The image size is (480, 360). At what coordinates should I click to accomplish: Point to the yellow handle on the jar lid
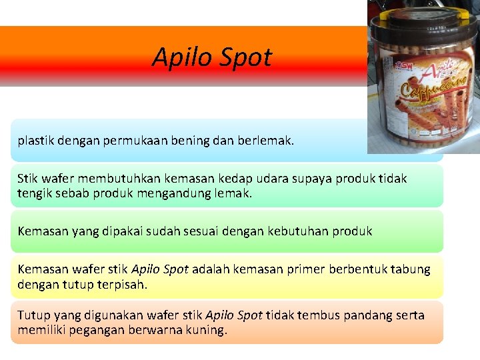tap(427, 9)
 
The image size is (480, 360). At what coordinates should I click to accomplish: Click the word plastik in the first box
tap(35, 141)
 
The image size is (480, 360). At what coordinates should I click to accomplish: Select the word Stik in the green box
tap(28, 179)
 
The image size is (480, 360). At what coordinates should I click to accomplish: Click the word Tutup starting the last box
tap(33, 315)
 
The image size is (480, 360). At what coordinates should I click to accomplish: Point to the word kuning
tap(207, 330)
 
